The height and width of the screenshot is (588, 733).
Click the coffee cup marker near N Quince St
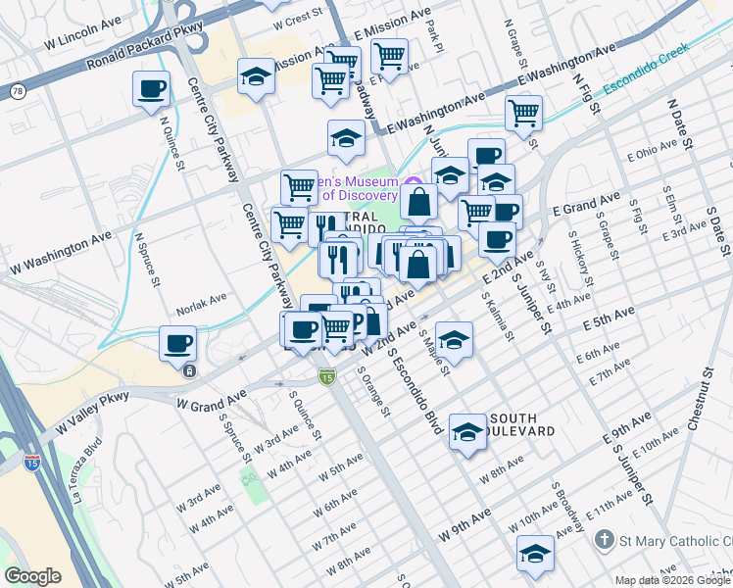coord(150,89)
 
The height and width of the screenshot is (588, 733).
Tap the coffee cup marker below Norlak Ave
coord(178,344)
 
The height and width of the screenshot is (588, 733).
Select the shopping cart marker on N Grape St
coord(524,113)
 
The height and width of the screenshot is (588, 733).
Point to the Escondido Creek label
coord(647,79)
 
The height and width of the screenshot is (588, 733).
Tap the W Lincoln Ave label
coord(82,45)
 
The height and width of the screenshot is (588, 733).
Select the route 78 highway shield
coord(18,91)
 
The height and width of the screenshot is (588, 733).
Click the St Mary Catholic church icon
coord(605,540)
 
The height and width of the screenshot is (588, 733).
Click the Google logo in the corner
coord(32,575)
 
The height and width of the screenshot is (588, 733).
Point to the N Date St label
coord(678,121)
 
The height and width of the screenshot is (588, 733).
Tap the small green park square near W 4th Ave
coord(252,481)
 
